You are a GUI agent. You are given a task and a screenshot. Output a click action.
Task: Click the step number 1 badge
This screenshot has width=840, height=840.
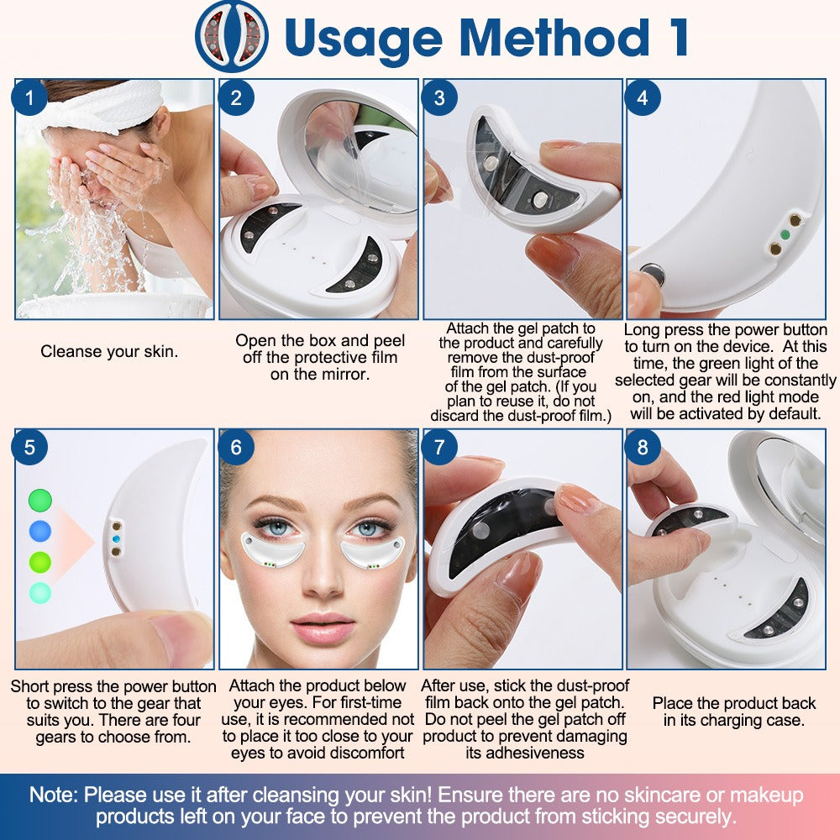30,98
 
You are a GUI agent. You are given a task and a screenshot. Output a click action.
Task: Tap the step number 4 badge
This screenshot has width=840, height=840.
643,98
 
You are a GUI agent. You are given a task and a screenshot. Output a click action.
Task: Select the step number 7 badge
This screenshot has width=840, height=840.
438,448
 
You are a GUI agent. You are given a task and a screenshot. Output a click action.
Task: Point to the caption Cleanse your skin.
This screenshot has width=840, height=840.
109,352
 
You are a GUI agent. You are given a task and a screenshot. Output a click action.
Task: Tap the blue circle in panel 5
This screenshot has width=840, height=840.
39,531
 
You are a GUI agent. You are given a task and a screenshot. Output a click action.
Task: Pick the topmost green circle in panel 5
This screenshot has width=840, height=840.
39,501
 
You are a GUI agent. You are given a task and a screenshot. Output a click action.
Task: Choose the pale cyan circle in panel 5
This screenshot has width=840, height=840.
39,592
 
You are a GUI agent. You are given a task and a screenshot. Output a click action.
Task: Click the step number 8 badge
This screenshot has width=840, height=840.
643,448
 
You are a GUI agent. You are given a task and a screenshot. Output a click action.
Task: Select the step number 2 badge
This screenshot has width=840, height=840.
234,98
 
